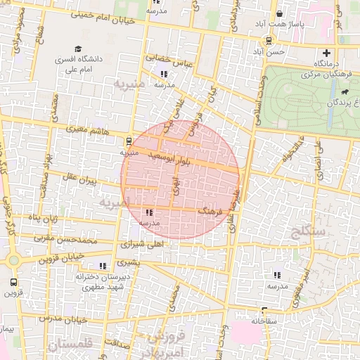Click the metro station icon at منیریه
[x=130, y=141]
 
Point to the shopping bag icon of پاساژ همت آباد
[x=280, y=13]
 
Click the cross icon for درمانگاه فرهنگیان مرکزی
[x=326, y=53]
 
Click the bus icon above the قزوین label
[x=13, y=283]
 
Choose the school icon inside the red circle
[x=149, y=212]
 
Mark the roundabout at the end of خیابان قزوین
[x=13, y=261]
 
